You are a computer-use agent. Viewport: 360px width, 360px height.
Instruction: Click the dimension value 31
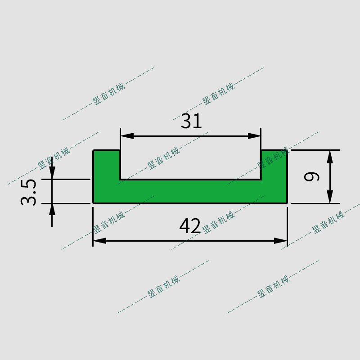coord(192,121)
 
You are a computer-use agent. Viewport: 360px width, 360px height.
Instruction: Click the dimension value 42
coord(190,226)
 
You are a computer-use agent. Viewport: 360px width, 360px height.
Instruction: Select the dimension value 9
coord(312,176)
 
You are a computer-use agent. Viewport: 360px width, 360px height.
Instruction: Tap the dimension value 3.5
coord(29,192)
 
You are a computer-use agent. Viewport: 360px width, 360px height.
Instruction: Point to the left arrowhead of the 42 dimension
coord(99,241)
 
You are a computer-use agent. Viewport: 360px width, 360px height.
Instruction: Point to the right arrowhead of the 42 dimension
coord(281,241)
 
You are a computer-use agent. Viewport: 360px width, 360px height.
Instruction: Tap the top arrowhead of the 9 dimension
coord(330,156)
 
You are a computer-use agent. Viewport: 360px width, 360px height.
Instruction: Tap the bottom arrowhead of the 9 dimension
coord(330,197)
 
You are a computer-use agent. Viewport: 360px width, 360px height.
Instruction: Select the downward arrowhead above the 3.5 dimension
coord(52,173)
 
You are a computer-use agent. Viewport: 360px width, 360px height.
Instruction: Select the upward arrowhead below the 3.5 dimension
coord(52,209)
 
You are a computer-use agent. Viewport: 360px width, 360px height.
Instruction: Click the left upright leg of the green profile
coord(107,171)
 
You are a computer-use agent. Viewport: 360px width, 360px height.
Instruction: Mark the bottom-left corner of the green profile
coord(94,203)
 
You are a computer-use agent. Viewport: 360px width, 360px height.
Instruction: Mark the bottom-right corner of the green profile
coord(287,203)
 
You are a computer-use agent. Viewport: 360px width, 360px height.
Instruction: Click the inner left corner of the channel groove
coord(121,179)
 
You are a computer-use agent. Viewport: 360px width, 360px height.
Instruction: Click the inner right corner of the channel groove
coord(261,179)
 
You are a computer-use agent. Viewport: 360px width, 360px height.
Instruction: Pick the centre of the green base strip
coord(190,192)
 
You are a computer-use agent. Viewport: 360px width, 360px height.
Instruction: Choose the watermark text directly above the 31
coord(218,94)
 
